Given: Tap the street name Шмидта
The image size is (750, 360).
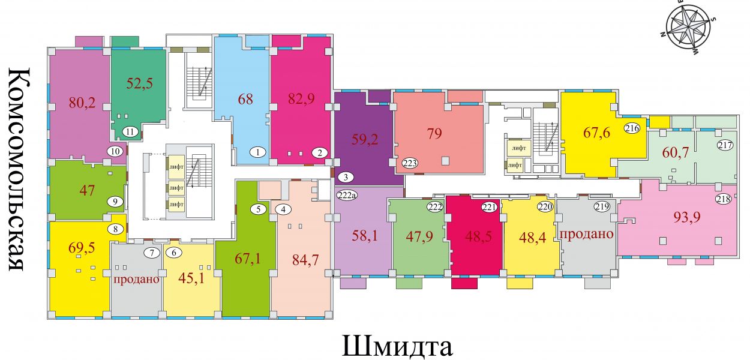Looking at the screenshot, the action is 397,346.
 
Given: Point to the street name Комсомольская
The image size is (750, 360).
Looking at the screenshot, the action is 19,169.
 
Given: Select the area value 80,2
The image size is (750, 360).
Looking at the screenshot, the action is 82,103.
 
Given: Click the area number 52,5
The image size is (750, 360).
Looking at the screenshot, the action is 139,83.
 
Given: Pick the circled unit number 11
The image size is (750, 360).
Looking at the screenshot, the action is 130,131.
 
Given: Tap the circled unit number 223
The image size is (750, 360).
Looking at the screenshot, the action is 410,163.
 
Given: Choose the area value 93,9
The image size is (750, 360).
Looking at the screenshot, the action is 687,218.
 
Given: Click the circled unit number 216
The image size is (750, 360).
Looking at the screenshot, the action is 632,128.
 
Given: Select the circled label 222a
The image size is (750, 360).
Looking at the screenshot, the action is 347,195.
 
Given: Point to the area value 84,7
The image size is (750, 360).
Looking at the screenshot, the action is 305,260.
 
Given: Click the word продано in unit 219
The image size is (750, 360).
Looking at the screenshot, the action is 586,234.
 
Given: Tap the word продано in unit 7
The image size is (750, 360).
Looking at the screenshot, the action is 136,279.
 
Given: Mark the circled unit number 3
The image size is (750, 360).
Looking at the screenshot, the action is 346,177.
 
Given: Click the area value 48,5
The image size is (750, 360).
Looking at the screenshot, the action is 478,236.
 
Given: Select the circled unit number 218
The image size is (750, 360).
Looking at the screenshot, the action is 723,199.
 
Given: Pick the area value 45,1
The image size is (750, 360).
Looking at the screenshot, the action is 191,278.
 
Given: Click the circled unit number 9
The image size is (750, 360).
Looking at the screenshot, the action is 115,202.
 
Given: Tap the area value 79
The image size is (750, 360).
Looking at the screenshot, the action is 434,134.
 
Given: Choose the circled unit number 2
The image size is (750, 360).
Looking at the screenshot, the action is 320,153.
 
